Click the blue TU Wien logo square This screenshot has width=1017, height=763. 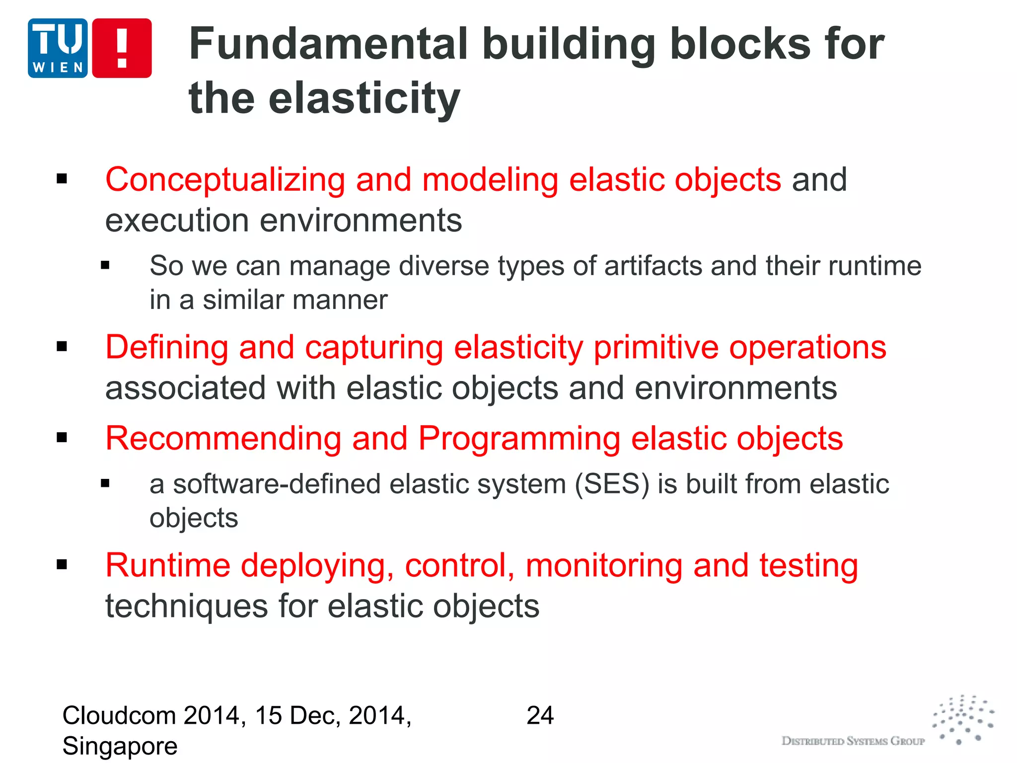(58, 48)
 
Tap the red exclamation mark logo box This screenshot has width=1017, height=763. (122, 48)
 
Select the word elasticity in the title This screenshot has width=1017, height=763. (364, 98)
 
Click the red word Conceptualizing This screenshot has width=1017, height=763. (225, 180)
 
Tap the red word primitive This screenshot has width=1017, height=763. (655, 348)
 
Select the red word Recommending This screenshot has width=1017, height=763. (223, 439)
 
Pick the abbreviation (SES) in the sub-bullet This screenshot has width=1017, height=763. (612, 484)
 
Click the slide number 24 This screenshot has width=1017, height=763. (540, 716)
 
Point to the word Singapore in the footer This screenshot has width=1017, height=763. (120, 746)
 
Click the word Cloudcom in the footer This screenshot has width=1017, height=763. (119, 716)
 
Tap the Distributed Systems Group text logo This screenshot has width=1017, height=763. (853, 741)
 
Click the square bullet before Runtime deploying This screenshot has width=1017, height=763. (62, 564)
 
